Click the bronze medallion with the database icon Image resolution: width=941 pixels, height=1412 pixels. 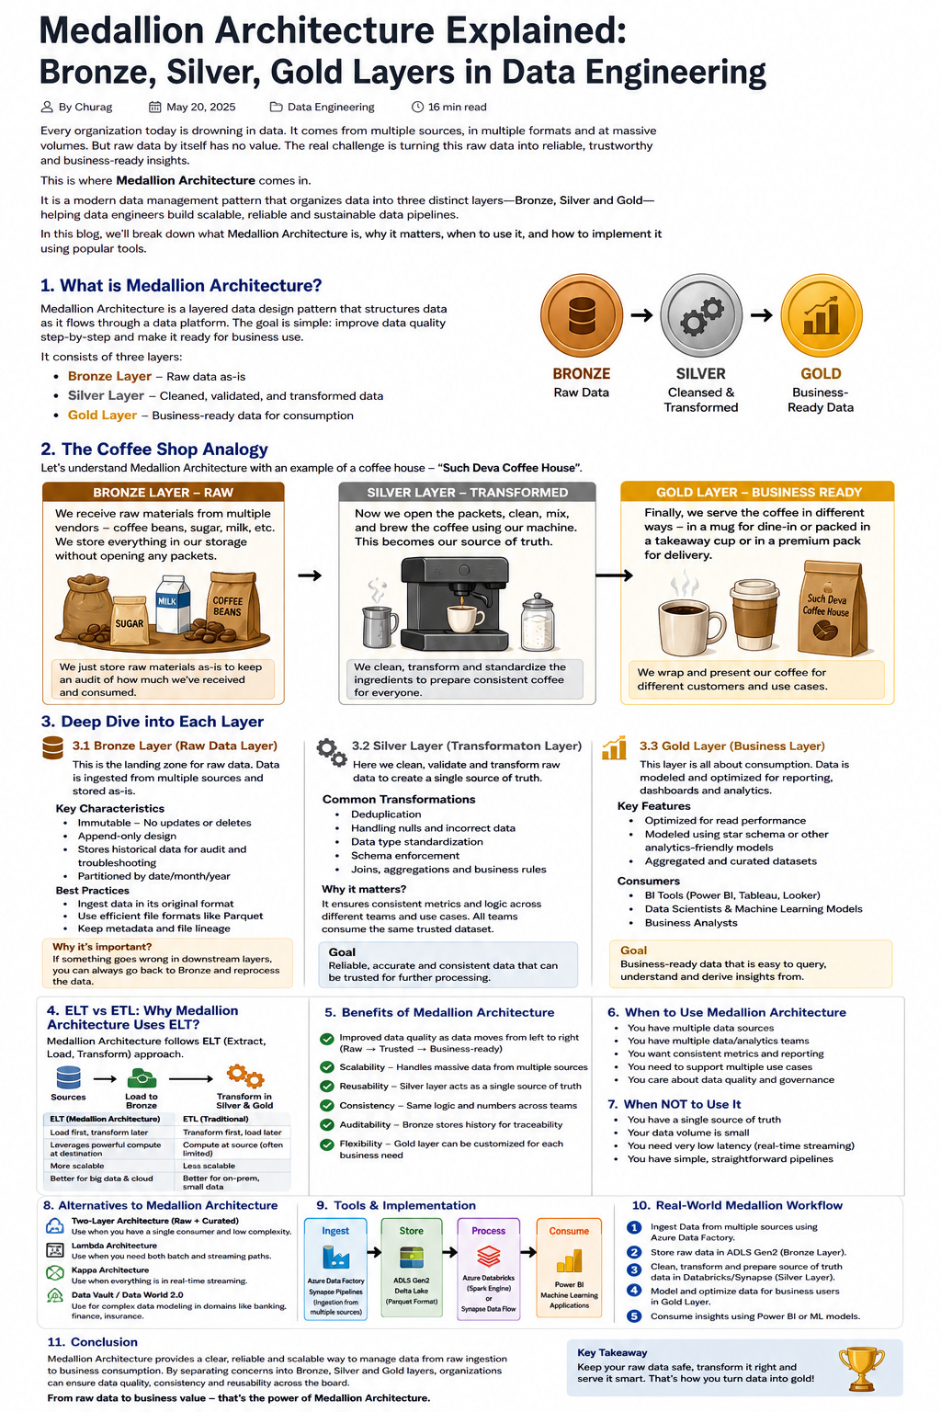tap(581, 314)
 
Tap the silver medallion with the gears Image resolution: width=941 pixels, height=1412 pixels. tap(701, 314)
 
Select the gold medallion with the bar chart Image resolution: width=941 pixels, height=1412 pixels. tap(821, 314)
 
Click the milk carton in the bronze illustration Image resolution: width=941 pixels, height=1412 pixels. tap(172, 604)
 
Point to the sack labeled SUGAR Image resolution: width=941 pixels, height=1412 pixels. tap(130, 621)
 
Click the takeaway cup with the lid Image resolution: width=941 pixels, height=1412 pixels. tap(754, 615)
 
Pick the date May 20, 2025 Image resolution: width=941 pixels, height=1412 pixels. tap(201, 108)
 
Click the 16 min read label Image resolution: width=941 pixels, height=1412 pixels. tap(457, 108)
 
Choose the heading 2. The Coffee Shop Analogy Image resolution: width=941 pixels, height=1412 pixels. tap(154, 450)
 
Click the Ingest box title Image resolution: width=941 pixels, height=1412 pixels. tap(335, 1231)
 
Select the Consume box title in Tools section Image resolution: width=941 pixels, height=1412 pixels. tap(569, 1231)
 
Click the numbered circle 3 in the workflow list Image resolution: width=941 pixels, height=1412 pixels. tap(634, 1270)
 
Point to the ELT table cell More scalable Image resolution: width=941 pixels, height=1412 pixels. tap(77, 1167)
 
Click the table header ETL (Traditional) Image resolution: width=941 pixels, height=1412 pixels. tap(216, 1119)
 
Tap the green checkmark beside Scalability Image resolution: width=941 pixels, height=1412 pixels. tap(326, 1067)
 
